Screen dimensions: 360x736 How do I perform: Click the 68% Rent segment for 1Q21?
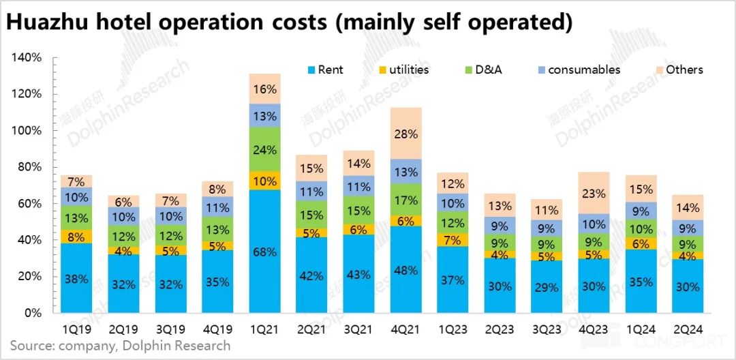point(264,252)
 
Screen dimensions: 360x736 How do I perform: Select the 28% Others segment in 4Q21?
point(406,134)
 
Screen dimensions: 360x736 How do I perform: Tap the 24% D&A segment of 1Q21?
point(264,150)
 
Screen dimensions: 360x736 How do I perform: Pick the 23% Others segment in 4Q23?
point(594,193)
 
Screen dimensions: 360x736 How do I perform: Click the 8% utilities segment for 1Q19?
point(76,237)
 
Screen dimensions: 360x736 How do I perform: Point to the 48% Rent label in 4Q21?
point(406,271)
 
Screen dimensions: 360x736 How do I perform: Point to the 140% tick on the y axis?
point(27,58)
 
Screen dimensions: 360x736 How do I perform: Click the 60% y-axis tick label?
point(30,204)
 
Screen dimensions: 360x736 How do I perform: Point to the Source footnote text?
point(120,346)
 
